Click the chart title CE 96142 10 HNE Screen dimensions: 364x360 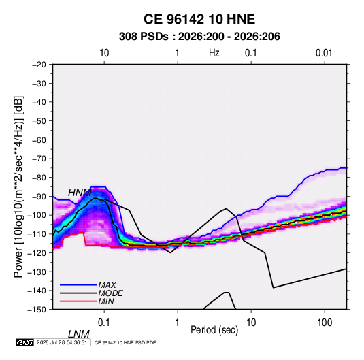(x=199, y=19)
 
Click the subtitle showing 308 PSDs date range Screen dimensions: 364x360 (x=199, y=37)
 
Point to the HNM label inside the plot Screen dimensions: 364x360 (x=80, y=193)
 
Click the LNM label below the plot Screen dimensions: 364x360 (x=79, y=334)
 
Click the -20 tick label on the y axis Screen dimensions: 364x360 (x=39, y=65)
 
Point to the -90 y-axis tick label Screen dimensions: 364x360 (x=39, y=196)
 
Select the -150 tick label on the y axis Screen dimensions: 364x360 (x=37, y=310)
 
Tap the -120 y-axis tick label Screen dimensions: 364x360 (x=37, y=252)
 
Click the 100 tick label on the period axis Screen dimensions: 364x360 (x=325, y=323)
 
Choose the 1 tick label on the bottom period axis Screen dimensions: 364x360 (x=178, y=323)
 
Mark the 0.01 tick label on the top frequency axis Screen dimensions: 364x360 (x=324, y=53)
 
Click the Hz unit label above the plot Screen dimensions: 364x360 (x=214, y=53)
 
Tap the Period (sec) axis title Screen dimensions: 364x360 (x=214, y=330)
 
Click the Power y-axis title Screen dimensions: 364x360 (x=18, y=187)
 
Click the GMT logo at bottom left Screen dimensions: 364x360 (x=24, y=342)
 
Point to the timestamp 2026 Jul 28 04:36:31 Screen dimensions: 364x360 (x=62, y=342)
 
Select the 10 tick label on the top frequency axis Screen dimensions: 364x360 (x=104, y=53)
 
